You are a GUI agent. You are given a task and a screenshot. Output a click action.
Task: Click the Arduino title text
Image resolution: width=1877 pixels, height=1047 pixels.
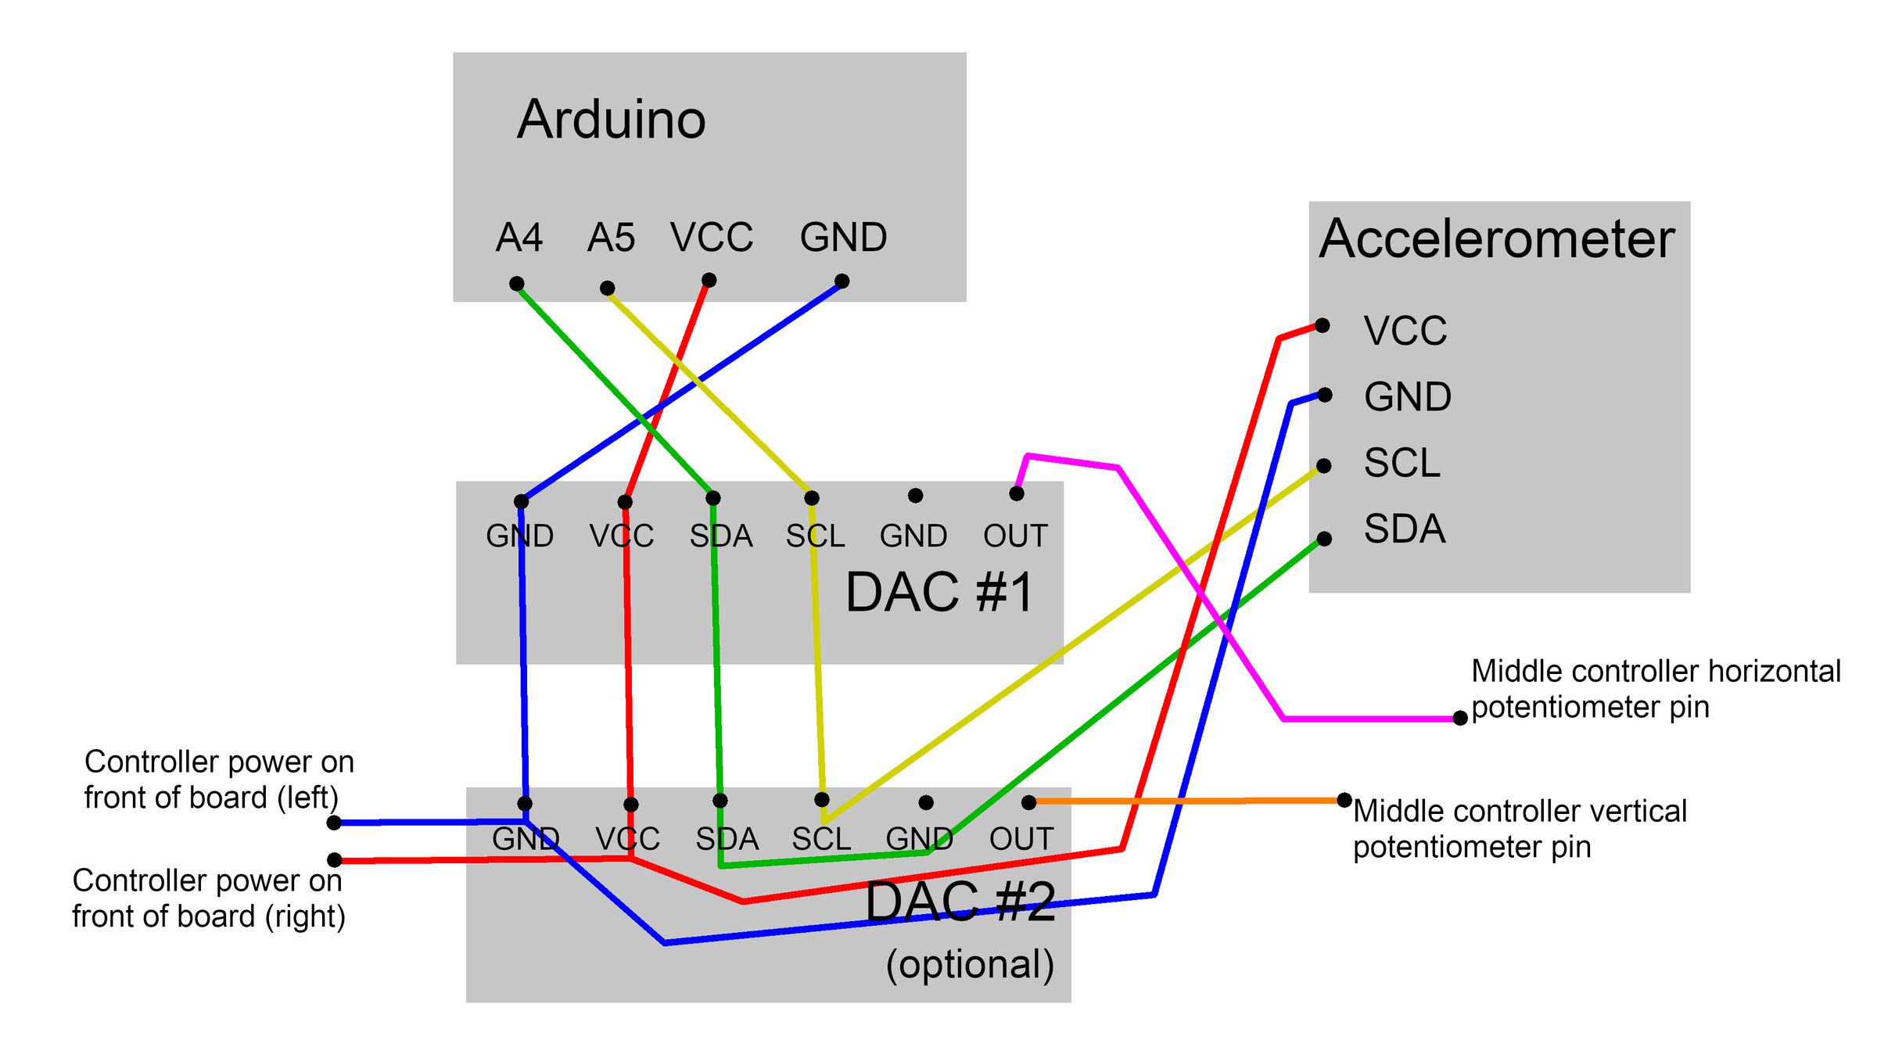611,120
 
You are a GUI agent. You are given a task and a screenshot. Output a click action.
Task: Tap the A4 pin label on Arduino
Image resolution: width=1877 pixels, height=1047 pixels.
519,238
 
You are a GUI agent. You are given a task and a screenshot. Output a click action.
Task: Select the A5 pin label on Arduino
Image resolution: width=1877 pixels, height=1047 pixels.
611,238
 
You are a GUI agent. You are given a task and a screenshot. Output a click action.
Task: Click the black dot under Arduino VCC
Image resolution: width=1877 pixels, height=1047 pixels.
709,280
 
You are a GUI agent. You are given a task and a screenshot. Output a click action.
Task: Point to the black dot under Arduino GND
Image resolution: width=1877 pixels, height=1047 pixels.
842,281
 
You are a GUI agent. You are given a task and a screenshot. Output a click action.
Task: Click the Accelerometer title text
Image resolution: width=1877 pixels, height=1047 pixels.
1496,238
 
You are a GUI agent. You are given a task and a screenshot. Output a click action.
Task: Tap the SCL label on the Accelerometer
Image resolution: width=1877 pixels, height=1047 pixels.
1401,463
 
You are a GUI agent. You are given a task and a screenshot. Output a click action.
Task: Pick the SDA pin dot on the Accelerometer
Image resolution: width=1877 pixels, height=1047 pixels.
1324,539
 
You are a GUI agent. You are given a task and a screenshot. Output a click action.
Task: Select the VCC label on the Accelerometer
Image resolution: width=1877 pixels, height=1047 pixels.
1405,331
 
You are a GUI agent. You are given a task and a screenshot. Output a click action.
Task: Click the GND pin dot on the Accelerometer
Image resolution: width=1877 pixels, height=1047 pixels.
1325,395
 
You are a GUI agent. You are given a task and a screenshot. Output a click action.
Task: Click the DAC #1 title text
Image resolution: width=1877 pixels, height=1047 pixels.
939,592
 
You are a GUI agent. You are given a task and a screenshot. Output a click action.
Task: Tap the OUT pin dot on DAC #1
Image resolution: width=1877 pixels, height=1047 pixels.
1017,493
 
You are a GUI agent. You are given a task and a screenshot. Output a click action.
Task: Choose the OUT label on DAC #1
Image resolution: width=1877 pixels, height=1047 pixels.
1015,536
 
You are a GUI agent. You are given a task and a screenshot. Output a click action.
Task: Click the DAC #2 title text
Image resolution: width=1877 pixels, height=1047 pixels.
960,902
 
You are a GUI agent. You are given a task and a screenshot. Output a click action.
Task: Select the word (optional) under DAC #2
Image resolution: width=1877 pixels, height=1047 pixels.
970,964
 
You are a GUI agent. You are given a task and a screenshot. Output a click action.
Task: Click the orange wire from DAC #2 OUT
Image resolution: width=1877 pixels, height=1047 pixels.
1189,801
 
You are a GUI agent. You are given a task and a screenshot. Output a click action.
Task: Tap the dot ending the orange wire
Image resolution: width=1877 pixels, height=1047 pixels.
1344,800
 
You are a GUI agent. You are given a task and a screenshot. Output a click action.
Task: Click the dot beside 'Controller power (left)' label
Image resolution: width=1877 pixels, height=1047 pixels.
334,823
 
